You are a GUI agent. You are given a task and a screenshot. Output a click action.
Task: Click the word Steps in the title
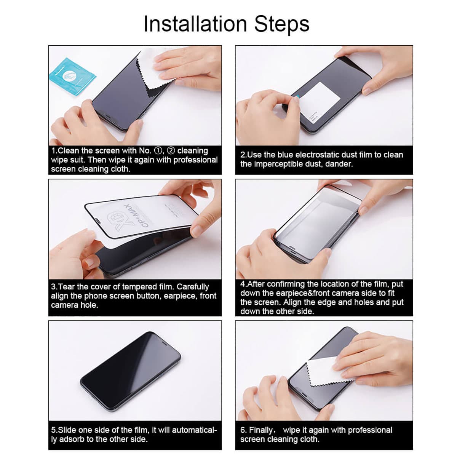pyautogui.click(x=281, y=24)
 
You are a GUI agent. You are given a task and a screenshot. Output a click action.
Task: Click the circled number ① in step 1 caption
pyautogui.click(x=157, y=150)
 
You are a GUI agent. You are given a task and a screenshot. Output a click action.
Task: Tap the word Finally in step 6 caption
pyautogui.click(x=261, y=430)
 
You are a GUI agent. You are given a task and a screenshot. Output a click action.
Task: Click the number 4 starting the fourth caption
pyautogui.click(x=242, y=284)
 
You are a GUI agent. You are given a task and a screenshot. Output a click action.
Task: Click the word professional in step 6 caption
pyautogui.click(x=370, y=430)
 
